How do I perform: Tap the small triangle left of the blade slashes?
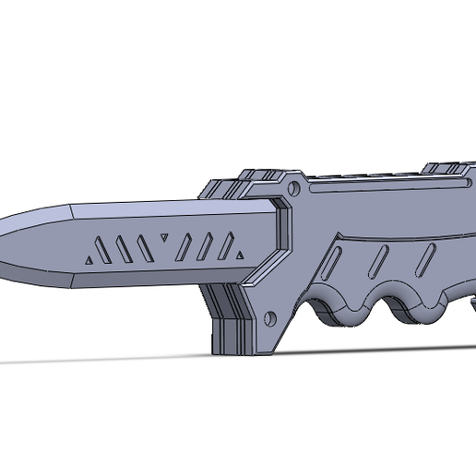(88, 259)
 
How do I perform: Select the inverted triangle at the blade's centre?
(163, 239)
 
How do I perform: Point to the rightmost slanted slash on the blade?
(225, 245)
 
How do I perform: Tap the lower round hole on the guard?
(270, 319)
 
